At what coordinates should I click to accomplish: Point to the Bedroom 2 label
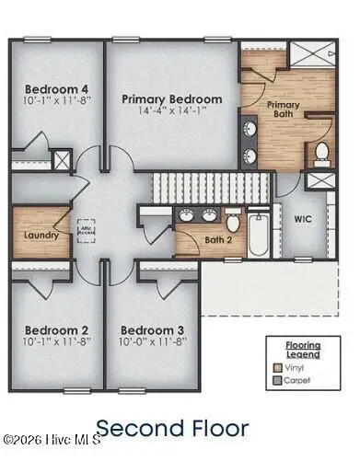pyautogui.click(x=56, y=329)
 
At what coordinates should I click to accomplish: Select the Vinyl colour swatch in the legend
pyautogui.click(x=277, y=367)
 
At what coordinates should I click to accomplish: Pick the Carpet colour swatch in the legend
pyautogui.click(x=277, y=379)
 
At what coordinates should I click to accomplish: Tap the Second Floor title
pyautogui.click(x=172, y=428)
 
